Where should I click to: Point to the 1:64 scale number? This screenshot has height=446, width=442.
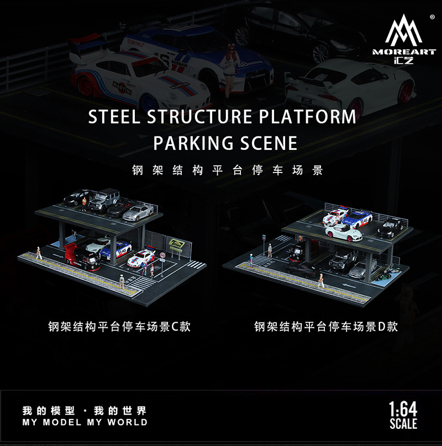403,411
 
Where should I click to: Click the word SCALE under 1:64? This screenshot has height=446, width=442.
403,424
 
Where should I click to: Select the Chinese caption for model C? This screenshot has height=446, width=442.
119,326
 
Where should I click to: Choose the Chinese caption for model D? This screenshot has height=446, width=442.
325,326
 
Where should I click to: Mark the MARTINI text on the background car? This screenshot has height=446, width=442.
123,85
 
